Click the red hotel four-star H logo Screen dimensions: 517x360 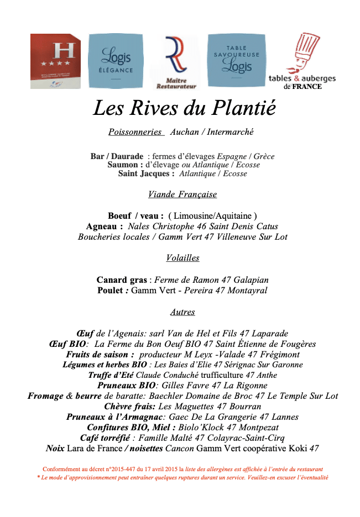pos(55,61)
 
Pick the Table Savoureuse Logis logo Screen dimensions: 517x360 pos(237,60)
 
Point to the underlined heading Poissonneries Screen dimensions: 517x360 pos(135,132)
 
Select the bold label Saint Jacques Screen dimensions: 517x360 pos(146,173)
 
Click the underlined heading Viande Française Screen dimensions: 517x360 pos(182,194)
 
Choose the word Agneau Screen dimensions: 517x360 pos(104,226)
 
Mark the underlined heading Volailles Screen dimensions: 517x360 pos(182,258)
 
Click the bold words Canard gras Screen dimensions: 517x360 pos(122,280)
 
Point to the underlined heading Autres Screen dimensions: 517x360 pos(182,312)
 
